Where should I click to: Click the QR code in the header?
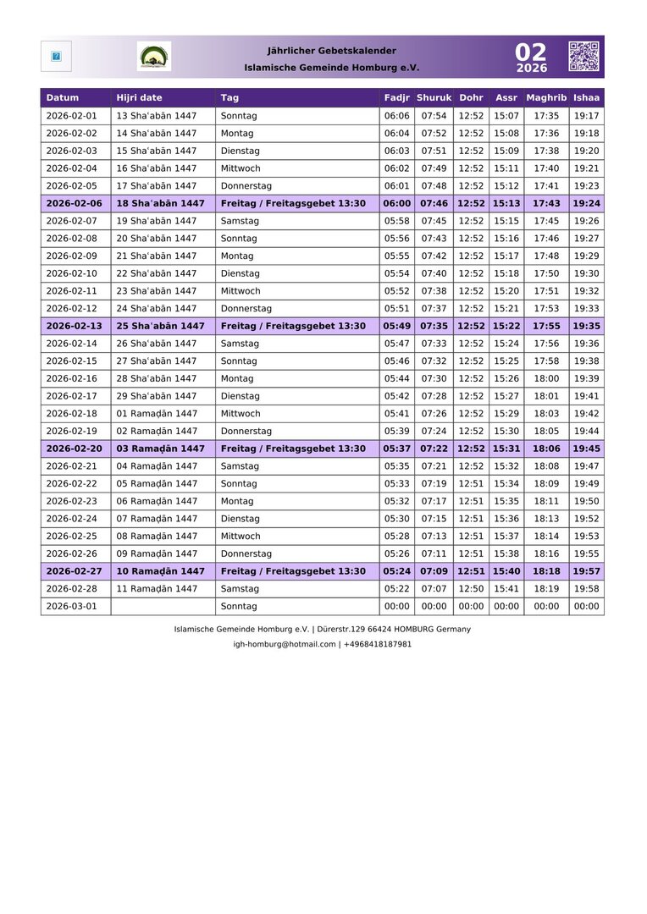click(x=583, y=56)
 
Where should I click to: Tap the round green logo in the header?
click(x=154, y=57)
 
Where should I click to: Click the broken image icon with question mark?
click(x=56, y=57)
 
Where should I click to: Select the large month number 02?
click(x=531, y=52)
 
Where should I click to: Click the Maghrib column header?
click(x=546, y=98)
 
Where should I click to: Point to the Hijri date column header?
click(x=140, y=98)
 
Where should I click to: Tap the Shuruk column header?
click(x=434, y=98)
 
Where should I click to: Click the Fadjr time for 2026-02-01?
click(x=396, y=116)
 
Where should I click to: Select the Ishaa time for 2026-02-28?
click(x=586, y=589)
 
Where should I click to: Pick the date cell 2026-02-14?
click(x=72, y=344)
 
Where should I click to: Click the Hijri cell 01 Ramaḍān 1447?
click(x=157, y=414)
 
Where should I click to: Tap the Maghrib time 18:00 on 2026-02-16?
click(x=546, y=378)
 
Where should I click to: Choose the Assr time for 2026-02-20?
click(x=506, y=449)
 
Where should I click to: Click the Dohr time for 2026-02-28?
click(x=471, y=589)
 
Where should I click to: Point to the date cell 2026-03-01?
click(x=72, y=607)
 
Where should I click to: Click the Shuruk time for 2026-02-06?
click(x=434, y=203)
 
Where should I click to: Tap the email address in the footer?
click(x=285, y=644)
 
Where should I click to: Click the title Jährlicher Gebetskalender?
click(x=331, y=51)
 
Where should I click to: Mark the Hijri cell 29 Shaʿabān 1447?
click(x=157, y=396)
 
